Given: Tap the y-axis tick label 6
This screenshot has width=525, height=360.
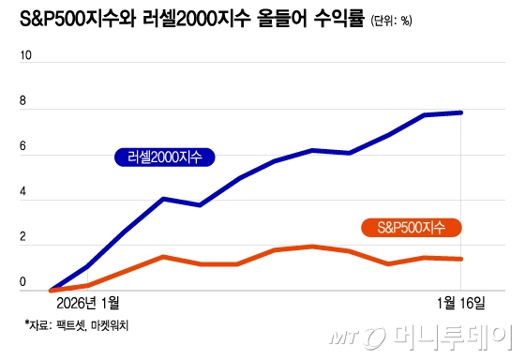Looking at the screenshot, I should coord(24,149).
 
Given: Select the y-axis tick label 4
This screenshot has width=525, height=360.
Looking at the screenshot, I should coord(24,196).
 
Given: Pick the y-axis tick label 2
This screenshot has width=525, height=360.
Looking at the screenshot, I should coord(24,243).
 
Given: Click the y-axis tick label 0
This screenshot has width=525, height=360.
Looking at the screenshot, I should coord(24,282).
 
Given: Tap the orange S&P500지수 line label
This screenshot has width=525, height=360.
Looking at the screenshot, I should coord(411,227).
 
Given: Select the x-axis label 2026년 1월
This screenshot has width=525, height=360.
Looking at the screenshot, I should coord(90,304).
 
